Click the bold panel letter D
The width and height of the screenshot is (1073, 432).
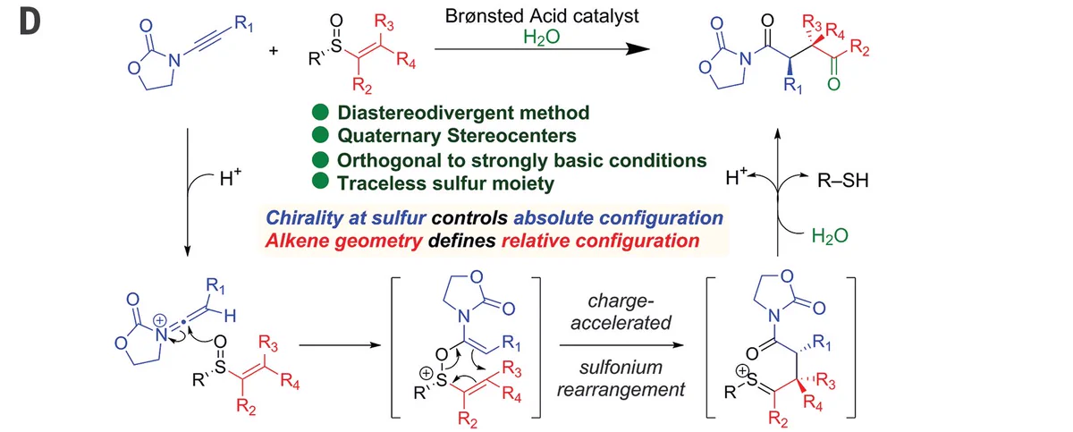tap(30, 21)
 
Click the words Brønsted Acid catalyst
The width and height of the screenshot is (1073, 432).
tap(542, 16)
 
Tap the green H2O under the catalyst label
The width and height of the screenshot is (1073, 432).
tap(541, 38)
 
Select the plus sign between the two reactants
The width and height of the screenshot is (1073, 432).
tap(274, 50)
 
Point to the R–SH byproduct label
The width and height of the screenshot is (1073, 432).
tap(842, 180)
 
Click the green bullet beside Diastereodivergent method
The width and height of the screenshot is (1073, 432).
tap(320, 112)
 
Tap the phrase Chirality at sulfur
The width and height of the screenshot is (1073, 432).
tap(346, 218)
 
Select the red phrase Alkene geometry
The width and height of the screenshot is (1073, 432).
tap(344, 241)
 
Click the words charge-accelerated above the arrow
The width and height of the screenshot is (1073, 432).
tap(621, 312)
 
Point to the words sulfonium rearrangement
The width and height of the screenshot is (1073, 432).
tap(621, 378)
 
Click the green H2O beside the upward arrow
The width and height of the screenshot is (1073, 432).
tap(830, 235)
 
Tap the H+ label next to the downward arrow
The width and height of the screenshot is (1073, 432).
tap(230, 178)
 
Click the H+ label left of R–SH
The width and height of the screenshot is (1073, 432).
tap(736, 177)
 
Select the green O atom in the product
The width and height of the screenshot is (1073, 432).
tap(833, 84)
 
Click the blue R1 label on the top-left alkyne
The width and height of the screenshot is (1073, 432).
tap(243, 22)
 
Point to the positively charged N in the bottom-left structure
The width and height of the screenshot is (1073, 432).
tap(162, 334)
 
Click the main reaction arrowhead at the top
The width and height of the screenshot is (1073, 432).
tap(638, 48)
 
